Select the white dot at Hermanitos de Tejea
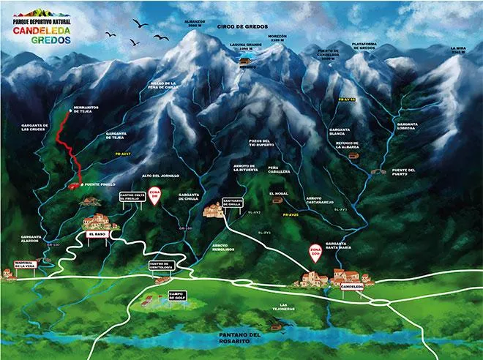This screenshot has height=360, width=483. coord(70,110)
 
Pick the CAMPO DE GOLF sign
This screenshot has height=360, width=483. coord(178,295)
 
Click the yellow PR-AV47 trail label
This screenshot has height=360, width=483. coord(122,154)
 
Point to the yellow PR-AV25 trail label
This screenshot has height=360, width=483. coord(291,214)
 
